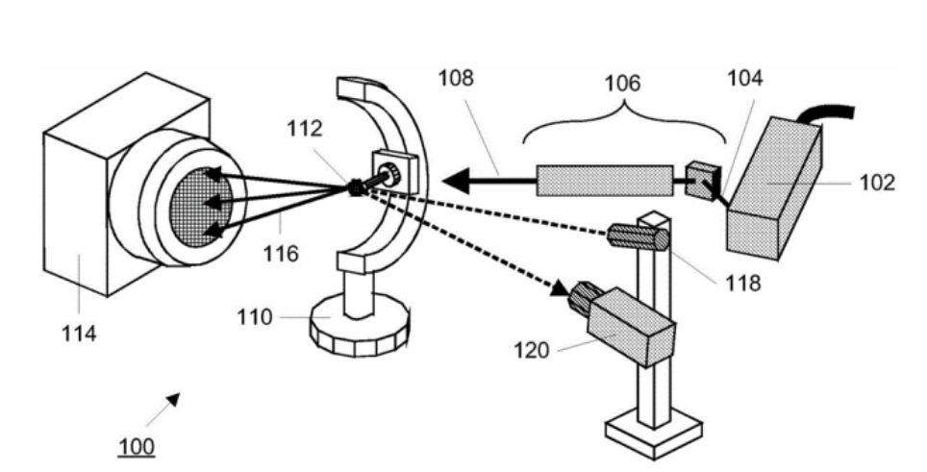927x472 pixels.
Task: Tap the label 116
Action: [284, 254]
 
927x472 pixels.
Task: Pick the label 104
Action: [743, 79]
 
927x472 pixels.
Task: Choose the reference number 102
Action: [875, 182]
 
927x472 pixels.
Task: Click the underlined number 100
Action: [136, 448]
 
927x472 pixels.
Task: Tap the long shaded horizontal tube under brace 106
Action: [604, 180]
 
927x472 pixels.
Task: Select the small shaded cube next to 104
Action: [701, 180]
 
